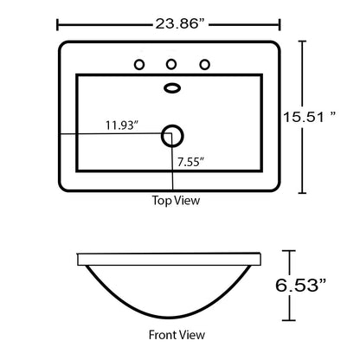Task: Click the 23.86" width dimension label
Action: pos(182,23)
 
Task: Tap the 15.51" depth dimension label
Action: pos(310,117)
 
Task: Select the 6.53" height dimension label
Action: pos(300,286)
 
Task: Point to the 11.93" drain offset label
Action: pos(122,125)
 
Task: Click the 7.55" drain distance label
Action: pos(191,162)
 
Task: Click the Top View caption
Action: pos(176,200)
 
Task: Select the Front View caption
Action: pos(177,335)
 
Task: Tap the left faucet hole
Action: pos(139,65)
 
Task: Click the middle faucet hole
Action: pos(171,64)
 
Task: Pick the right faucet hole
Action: pos(205,64)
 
